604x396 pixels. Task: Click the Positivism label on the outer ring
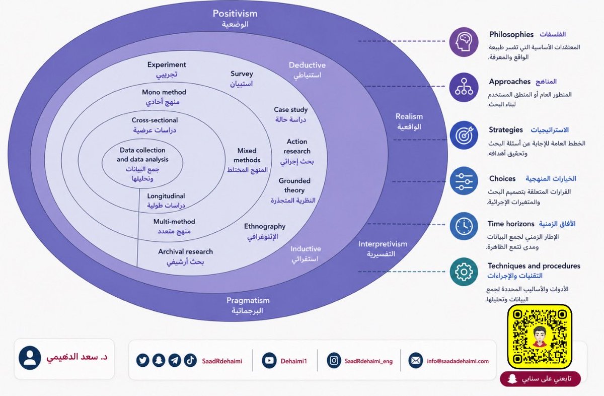coord(235,14)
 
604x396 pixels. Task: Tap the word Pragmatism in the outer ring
coord(248,300)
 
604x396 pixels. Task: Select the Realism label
coord(409,116)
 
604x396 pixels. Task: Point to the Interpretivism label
coord(383,244)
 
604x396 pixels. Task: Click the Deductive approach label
coord(307,65)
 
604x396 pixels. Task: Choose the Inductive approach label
coord(306,248)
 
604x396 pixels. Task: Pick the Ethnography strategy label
coord(265,227)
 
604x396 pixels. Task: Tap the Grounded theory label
coord(294,185)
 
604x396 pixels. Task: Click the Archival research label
coord(186,251)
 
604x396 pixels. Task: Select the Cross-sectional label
coord(155,120)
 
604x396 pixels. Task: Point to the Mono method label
coord(164,92)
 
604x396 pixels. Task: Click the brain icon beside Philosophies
coord(464,42)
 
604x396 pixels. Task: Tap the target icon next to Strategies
coord(464,135)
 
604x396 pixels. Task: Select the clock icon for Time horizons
coord(464,226)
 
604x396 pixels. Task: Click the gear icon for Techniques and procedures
coord(464,272)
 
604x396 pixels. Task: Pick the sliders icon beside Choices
coord(464,181)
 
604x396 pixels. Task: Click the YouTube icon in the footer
coord(269,360)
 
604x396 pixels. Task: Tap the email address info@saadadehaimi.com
coord(458,361)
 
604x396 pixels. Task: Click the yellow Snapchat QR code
coord(540,337)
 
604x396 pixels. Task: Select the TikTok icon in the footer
coord(190,360)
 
